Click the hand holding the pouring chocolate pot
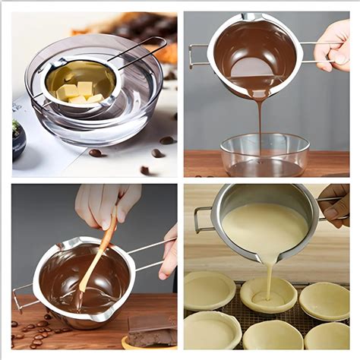334,46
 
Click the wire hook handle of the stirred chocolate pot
23,296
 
